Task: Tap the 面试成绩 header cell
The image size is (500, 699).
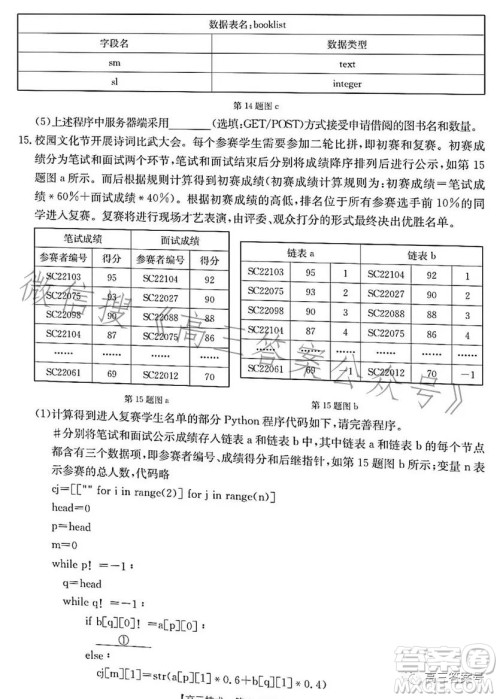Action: pos(180,240)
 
